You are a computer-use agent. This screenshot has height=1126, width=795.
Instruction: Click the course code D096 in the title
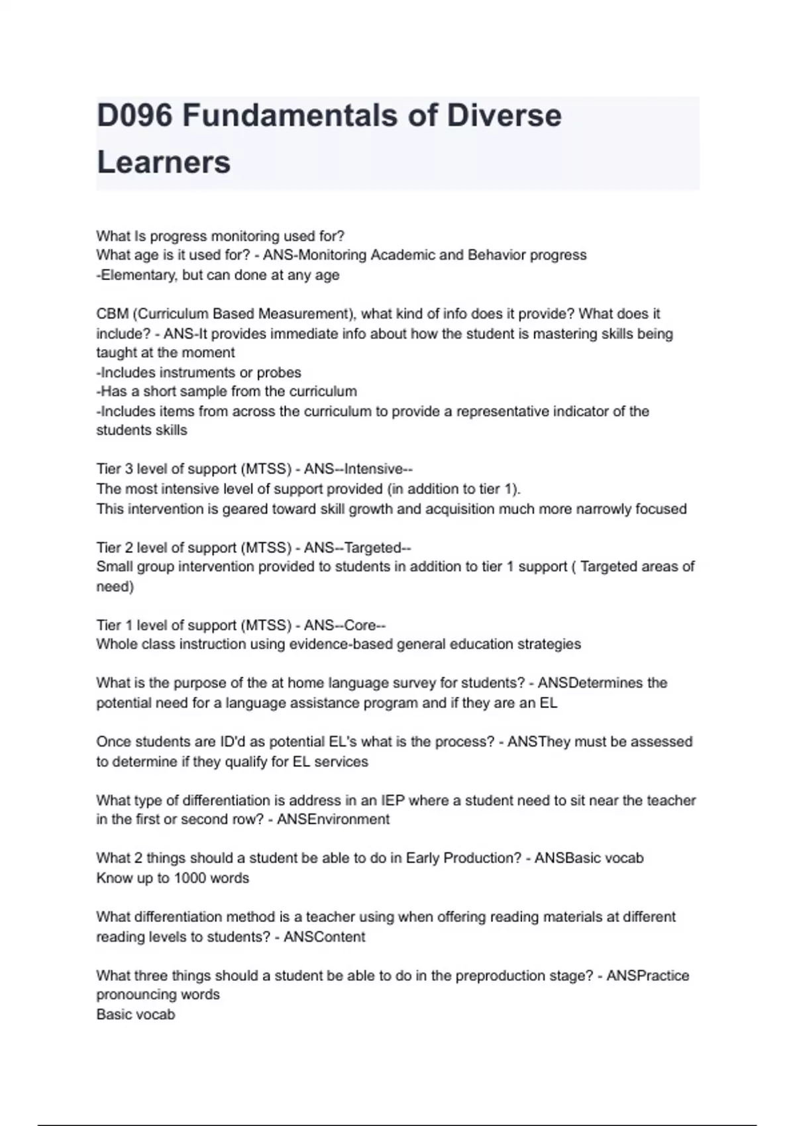point(134,116)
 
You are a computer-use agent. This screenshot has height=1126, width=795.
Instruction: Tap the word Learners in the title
point(164,162)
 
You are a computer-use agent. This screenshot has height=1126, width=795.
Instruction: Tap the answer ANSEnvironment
point(333,819)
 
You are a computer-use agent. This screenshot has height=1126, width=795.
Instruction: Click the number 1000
point(191,878)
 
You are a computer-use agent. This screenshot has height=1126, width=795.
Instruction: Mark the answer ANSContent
point(325,937)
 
